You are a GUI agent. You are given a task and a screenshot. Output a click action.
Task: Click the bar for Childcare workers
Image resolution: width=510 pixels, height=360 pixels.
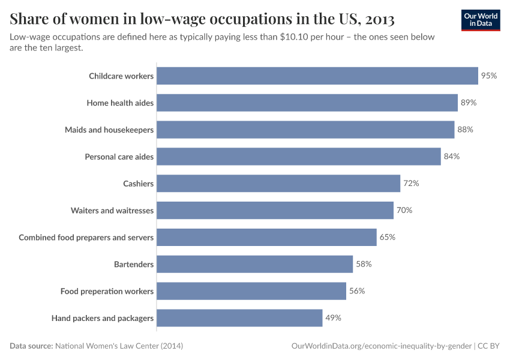coord(317,76)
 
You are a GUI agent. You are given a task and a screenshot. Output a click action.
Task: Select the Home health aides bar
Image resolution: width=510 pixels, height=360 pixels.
coord(307,103)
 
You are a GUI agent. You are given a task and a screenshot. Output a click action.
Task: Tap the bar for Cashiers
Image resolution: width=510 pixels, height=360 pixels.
coord(278,184)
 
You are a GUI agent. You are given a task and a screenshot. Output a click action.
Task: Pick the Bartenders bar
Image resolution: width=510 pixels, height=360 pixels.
coord(254,264)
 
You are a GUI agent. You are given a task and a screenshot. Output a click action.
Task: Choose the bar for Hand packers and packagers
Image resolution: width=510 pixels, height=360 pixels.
coord(239,318)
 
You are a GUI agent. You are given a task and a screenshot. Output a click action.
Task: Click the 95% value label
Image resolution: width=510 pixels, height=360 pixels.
coord(489,76)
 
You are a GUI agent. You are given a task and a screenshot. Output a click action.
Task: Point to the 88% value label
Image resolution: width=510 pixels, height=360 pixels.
coord(465,130)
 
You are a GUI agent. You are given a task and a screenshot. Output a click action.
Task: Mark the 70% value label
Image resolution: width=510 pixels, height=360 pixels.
coord(404,211)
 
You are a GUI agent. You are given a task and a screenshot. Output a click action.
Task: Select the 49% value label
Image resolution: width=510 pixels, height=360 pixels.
coord(333,318)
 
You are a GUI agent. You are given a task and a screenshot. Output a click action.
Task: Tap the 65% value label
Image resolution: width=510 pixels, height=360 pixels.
coord(387,237)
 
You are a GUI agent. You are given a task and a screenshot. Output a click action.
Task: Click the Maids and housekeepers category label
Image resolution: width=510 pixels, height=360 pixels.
coord(109,130)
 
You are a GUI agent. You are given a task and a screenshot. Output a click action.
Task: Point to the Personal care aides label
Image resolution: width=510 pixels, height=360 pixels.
coord(119,157)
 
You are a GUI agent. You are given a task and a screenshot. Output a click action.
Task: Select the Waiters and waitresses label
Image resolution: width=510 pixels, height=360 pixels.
coord(112,211)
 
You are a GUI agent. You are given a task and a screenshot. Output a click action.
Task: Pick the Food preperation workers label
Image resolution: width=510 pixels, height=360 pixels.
coord(107,291)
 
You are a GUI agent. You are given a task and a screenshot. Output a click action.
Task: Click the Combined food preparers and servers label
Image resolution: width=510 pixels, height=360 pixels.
coord(86,237)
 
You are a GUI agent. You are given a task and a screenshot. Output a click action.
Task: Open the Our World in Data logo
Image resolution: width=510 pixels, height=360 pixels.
coord(481,20)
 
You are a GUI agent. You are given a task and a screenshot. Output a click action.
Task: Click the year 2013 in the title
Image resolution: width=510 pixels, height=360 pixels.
coord(379,19)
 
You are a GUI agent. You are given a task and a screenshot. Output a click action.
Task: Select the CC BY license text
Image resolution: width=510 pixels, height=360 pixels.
coord(489,346)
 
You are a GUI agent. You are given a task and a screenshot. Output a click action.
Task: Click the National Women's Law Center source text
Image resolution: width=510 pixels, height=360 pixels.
coord(119,346)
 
